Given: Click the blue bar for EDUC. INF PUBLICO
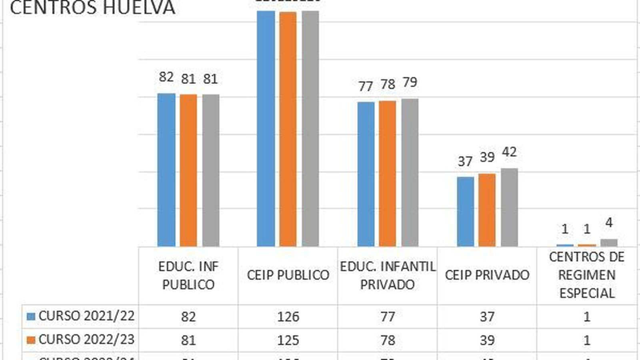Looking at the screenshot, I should (x=166, y=170).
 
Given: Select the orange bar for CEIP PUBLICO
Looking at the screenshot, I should (x=288, y=128).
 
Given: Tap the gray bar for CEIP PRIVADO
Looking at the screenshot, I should (x=509, y=207).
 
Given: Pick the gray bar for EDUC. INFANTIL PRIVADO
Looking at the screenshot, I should (x=410, y=172).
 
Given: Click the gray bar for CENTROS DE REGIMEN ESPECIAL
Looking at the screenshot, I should (x=609, y=242).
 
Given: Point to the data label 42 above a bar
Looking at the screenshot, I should (x=509, y=152).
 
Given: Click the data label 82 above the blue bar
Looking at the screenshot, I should (x=166, y=76).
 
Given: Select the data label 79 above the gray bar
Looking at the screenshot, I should (x=410, y=82).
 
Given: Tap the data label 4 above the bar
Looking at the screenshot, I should (x=609, y=222).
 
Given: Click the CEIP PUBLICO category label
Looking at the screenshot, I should (x=288, y=275).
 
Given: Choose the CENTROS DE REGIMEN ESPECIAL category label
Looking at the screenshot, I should (x=586, y=275).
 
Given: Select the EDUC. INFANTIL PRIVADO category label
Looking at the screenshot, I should (x=387, y=275).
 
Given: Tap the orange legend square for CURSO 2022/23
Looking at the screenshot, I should (x=31, y=340).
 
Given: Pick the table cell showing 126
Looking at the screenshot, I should (x=288, y=317).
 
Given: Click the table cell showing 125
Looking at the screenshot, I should (x=288, y=340).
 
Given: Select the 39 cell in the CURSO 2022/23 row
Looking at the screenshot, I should (x=487, y=340).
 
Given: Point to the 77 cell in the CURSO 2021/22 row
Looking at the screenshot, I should (x=387, y=317).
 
